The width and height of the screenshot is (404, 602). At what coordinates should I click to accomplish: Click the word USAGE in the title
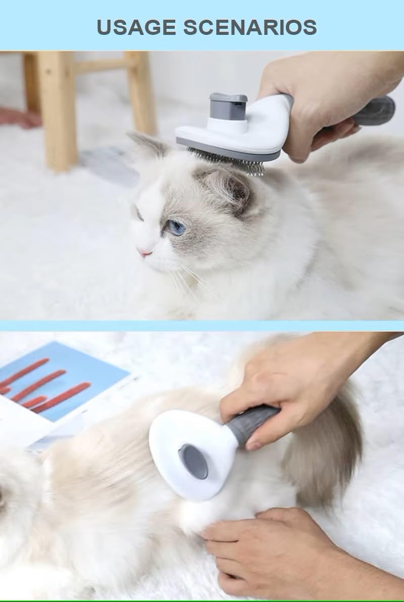click(136, 27)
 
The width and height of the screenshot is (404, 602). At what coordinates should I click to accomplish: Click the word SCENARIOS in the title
click(250, 27)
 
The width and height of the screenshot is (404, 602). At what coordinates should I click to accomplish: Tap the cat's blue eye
click(176, 227)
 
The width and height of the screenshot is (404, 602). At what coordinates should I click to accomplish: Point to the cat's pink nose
click(144, 252)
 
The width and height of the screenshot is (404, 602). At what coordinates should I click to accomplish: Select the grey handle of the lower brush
click(251, 424)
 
